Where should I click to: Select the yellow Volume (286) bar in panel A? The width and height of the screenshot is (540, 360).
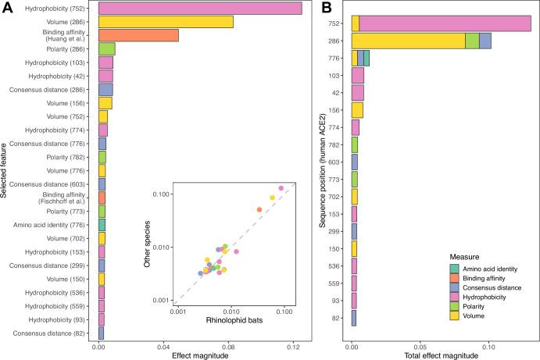tap(166, 22)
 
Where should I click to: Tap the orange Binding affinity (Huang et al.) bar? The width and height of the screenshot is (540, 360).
tap(138, 35)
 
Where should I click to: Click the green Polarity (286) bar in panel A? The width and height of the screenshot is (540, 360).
tap(107, 48)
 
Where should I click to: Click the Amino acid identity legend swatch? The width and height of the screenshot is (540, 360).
tap(453, 268)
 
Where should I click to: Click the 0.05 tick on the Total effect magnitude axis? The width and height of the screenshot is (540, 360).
tap(420, 346)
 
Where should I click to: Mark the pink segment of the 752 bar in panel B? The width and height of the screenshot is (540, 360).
tap(445, 23)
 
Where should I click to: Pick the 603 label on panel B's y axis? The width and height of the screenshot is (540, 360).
tap(333, 162)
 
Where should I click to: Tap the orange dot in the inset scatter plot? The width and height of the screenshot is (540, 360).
tap(259, 209)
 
